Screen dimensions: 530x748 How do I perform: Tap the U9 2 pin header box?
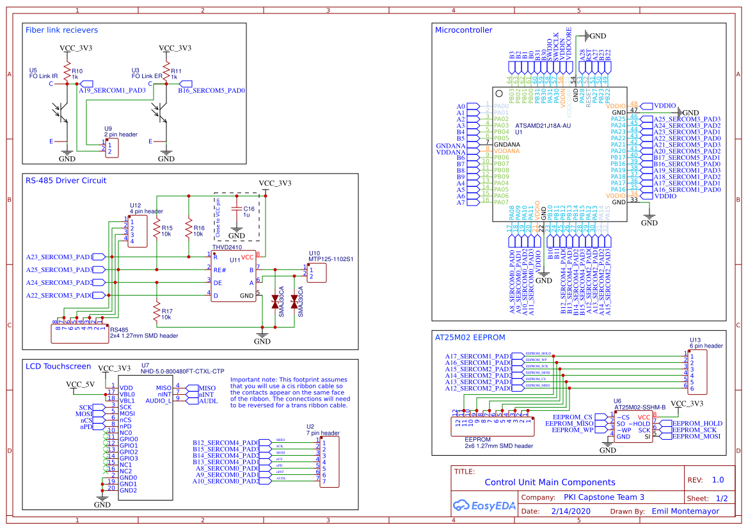point(112,149)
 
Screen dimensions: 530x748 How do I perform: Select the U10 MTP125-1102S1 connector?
point(317,273)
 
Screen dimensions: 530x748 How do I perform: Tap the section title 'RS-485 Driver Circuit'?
point(66,181)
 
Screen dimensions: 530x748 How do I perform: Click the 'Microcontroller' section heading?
point(463,30)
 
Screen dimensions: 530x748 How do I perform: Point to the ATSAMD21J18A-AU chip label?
point(543,126)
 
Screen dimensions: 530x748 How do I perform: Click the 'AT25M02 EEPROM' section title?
point(470,337)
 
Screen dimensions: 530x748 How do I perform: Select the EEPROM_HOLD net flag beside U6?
point(696,423)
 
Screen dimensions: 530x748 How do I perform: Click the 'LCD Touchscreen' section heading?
point(58,366)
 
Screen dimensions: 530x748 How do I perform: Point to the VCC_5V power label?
point(81,384)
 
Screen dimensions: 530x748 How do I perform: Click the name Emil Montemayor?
point(685,511)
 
